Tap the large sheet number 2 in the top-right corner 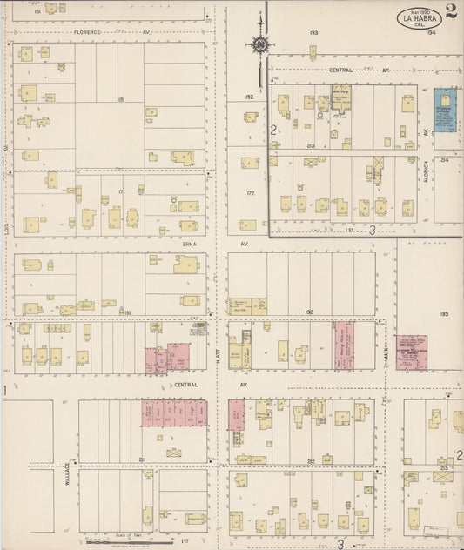pyautogui.click(x=451, y=12)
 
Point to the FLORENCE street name pyautogui.click(x=89, y=32)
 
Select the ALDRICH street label pyautogui.click(x=426, y=170)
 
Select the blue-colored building pyautogui.click(x=446, y=111)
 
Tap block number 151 pyautogui.click(x=123, y=100)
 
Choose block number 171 pyautogui.click(x=122, y=191)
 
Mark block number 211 pyautogui.click(x=141, y=458)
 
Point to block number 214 pyautogui.click(x=443, y=160)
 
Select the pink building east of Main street pyautogui.click(x=411, y=352)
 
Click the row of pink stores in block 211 pyautogui.click(x=174, y=413)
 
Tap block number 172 pyautogui.click(x=250, y=193)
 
